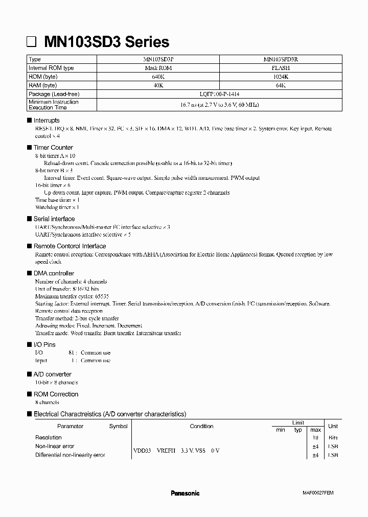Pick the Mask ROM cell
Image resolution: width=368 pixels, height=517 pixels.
(x=157, y=68)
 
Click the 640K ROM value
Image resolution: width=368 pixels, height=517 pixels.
(x=157, y=77)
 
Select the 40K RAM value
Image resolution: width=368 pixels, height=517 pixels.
(x=157, y=85)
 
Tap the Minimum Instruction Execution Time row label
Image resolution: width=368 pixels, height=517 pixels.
(x=54, y=105)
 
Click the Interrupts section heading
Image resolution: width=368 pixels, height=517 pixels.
(x=47, y=121)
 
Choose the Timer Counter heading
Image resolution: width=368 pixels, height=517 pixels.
(x=53, y=148)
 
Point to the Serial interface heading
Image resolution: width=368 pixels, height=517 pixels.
(x=54, y=219)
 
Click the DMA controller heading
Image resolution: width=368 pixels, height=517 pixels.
(x=54, y=273)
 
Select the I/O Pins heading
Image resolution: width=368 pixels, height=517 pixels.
(x=44, y=345)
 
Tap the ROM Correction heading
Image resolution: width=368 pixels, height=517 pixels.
(x=56, y=394)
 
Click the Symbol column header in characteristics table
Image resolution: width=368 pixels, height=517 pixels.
(x=118, y=426)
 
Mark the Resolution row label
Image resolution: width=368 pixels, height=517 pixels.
(x=49, y=437)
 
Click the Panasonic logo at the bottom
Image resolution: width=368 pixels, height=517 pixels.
(x=185, y=493)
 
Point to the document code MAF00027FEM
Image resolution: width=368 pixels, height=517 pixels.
(x=317, y=493)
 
